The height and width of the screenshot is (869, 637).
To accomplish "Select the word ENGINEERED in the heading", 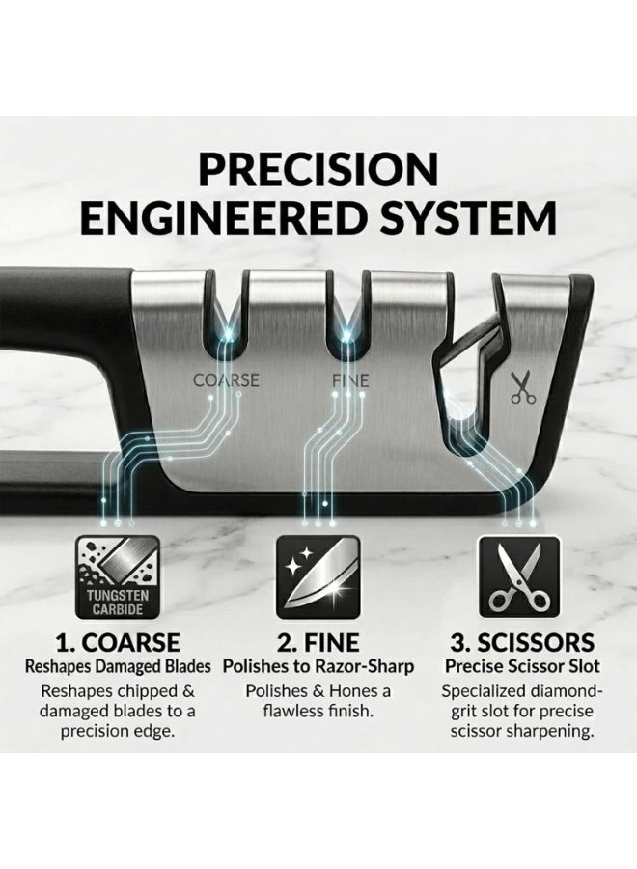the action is tap(227, 217).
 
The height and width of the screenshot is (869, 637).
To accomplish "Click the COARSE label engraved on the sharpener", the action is tap(226, 380).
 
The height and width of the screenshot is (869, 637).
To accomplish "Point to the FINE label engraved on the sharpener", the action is tap(350, 380).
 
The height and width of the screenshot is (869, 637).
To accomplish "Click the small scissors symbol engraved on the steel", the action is tap(523, 386).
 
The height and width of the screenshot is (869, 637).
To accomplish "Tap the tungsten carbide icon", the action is tap(118, 577).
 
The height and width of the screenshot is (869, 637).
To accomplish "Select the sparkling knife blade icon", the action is tap(318, 577).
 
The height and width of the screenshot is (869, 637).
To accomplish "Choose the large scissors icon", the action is tap(519, 577).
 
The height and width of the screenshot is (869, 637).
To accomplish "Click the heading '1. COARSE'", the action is tap(118, 643).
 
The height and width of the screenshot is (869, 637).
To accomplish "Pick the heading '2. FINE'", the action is tap(318, 643).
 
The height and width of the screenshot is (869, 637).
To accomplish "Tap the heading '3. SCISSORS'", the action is tap(522, 643).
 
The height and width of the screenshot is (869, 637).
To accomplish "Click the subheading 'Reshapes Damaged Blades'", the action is tap(118, 666).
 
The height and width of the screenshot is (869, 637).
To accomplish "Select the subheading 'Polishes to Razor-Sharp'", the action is tap(318, 666).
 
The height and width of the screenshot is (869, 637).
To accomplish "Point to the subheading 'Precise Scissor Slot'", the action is tap(522, 666).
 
